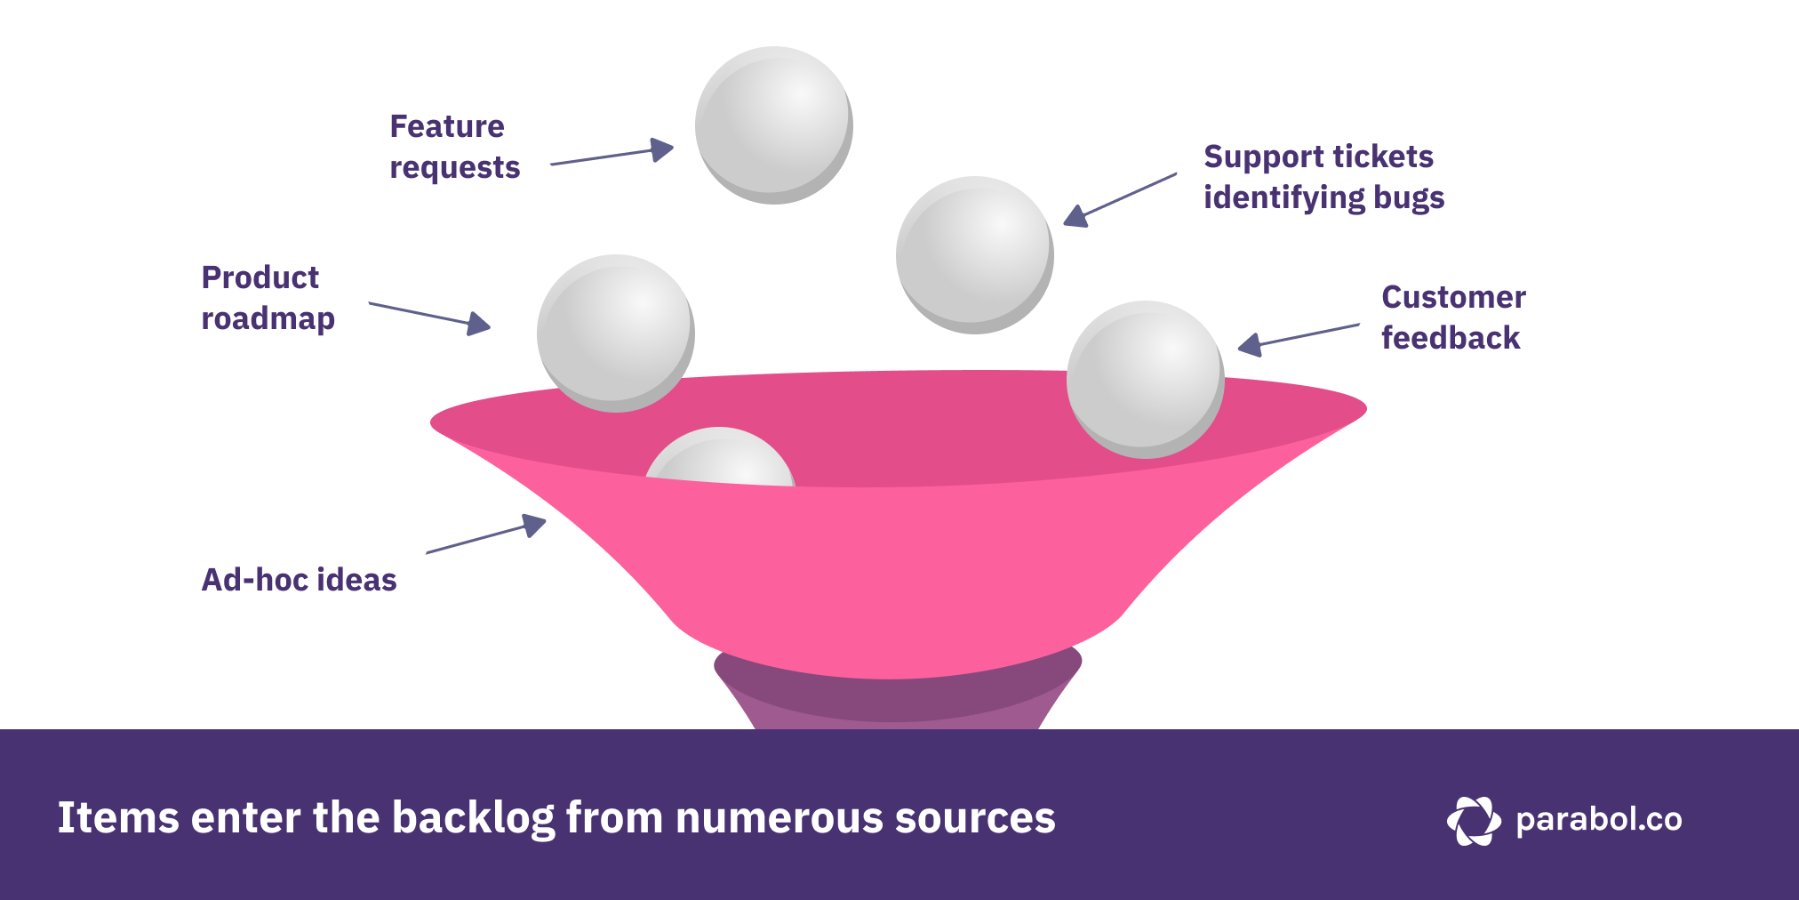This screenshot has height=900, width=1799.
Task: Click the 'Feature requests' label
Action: click(454, 147)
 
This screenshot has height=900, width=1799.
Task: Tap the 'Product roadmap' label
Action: click(268, 298)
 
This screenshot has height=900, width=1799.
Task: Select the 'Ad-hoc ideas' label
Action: click(299, 580)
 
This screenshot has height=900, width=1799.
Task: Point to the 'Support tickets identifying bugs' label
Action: click(1323, 177)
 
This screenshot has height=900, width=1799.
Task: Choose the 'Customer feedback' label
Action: click(1452, 317)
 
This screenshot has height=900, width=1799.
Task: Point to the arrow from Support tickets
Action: click(1120, 200)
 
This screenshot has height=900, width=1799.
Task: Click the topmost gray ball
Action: click(773, 125)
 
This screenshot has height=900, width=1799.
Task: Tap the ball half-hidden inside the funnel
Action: click(720, 458)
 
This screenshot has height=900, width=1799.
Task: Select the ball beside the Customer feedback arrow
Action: click(1145, 379)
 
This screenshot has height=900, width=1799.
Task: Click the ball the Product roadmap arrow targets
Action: click(615, 333)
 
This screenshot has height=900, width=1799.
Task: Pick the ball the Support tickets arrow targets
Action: click(974, 254)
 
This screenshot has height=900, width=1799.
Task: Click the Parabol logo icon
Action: click(1473, 820)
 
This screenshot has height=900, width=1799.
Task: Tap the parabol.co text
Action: click(1598, 820)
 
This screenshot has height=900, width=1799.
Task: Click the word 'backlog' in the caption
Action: click(473, 818)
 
